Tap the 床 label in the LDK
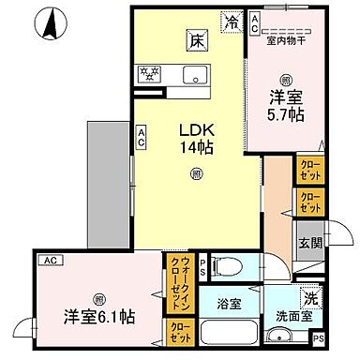196,41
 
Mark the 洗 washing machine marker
311,297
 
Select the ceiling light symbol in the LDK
195,172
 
